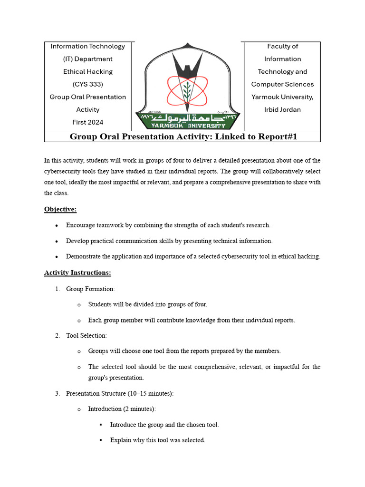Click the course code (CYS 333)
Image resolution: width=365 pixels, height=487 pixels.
[88, 84]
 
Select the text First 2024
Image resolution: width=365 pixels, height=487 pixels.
[88, 122]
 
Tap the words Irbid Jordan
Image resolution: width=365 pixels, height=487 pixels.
[282, 109]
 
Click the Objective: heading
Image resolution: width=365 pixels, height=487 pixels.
[60, 209]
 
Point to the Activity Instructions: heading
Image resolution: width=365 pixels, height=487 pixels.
[78, 273]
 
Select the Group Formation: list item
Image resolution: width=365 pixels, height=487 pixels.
[90, 289]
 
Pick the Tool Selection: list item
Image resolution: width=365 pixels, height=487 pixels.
[86, 335]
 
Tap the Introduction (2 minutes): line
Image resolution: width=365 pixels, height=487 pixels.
[122, 409]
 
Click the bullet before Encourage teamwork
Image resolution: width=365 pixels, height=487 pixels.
[57, 225]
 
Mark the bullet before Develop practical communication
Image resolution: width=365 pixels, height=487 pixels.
[57, 241]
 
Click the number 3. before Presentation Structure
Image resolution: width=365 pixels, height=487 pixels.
[57, 393]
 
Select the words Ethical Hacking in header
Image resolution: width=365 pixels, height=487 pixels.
[88, 72]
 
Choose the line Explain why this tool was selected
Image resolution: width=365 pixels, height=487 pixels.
[157, 440]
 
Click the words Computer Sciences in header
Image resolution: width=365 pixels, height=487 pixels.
[282, 84]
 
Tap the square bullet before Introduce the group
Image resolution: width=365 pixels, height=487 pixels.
[101, 425]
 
